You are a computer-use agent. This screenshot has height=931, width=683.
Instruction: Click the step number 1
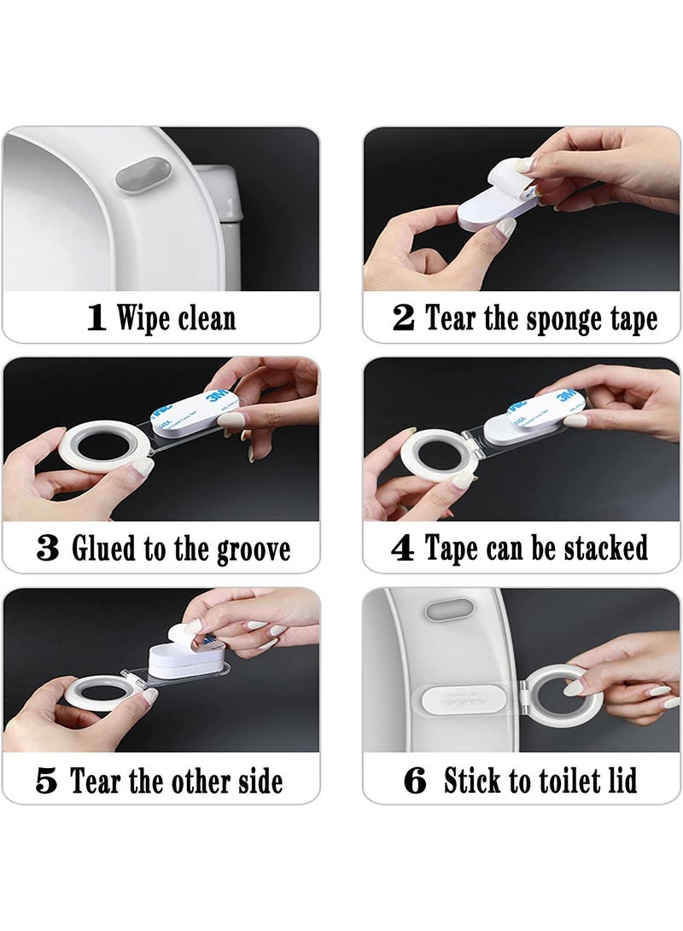pos(96,318)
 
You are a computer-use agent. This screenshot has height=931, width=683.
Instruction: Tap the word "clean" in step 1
pos(206,318)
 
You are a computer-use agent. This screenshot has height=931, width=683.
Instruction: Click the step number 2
pos(403,318)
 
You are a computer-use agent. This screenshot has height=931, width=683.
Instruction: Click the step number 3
pos(48,549)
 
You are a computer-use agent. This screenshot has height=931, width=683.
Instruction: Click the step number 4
pos(402,548)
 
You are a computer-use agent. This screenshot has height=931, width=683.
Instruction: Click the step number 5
pos(48,780)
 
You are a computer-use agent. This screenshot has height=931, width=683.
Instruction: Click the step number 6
pos(414,780)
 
